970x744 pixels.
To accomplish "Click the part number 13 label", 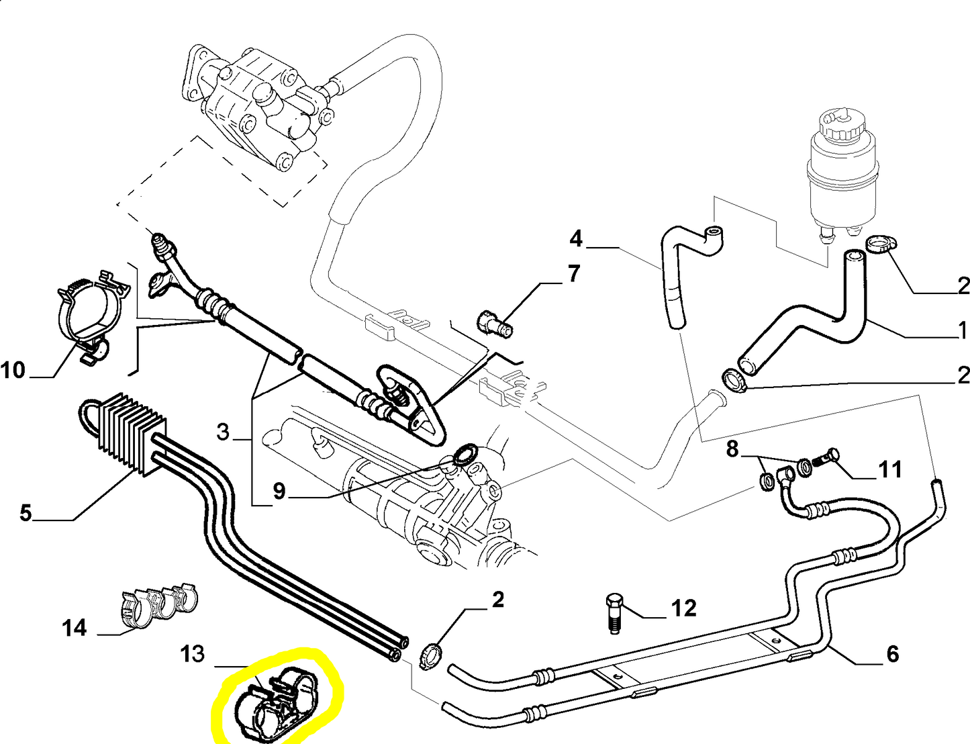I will pyautogui.click(x=193, y=653).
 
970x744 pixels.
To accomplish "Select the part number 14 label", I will pyautogui.click(x=75, y=628).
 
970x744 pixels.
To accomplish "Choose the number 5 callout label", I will pyautogui.click(x=26, y=513).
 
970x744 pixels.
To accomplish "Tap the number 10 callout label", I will pyautogui.click(x=13, y=370).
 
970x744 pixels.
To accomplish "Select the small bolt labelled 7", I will pyautogui.click(x=495, y=324).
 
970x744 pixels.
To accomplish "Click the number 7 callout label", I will pyautogui.click(x=573, y=274).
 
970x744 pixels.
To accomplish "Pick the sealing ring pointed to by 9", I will pyautogui.click(x=463, y=455).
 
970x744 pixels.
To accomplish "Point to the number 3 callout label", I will pyautogui.click(x=224, y=432).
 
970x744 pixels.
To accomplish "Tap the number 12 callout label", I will pyautogui.click(x=683, y=608).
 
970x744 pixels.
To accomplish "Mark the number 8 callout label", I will pyautogui.click(x=732, y=449).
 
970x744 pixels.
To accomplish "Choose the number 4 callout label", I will pyautogui.click(x=576, y=238).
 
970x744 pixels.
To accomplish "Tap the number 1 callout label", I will pyautogui.click(x=962, y=330).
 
